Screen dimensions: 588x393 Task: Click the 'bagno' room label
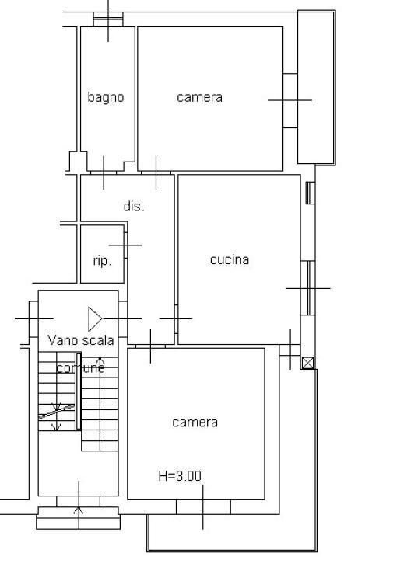[106, 97]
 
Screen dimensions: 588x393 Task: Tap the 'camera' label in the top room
[199, 97]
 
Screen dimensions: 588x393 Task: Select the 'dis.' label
[134, 207]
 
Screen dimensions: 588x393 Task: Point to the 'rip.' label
[102, 261]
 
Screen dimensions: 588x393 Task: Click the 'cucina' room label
[230, 259]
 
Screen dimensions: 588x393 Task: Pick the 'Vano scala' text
[80, 340]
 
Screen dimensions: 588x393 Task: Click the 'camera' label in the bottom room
[195, 423]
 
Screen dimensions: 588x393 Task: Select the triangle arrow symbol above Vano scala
[94, 318]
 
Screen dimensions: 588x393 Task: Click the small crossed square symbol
[307, 363]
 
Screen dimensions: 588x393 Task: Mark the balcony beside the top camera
[317, 87]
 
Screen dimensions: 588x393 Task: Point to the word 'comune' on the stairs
[80, 368]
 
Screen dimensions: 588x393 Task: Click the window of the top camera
[289, 100]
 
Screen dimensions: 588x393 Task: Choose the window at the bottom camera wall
[203, 506]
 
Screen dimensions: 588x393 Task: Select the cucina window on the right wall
[307, 288]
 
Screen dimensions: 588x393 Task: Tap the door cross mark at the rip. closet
[125, 245]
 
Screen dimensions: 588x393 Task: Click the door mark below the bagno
[104, 172]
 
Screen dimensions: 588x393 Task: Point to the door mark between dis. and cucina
[176, 318]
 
